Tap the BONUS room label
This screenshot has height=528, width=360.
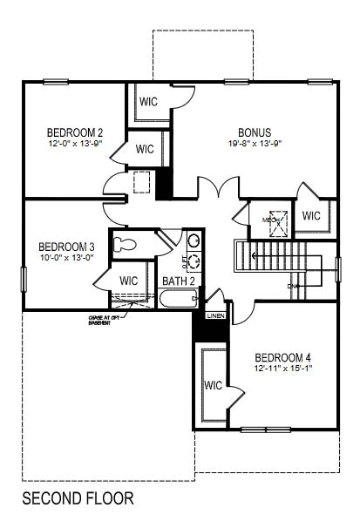pyautogui.click(x=249, y=132)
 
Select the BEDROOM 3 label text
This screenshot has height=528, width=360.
pyautogui.click(x=66, y=247)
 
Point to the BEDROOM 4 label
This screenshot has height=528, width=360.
pyautogui.click(x=282, y=357)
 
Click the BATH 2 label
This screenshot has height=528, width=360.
pyautogui.click(x=179, y=281)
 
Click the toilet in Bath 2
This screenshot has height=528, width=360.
pyautogui.click(x=126, y=244)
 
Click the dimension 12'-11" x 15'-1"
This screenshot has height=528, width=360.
pyautogui.click(x=282, y=369)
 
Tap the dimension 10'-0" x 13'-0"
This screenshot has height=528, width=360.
pyautogui.click(x=66, y=258)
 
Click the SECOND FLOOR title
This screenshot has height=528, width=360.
pyautogui.click(x=78, y=498)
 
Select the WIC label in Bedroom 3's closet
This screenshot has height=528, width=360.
pyautogui.click(x=128, y=281)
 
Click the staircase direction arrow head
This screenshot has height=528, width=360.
pyautogui.click(x=254, y=255)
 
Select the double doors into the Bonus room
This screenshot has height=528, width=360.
pyautogui.click(x=217, y=187)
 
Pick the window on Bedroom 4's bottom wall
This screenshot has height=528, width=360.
pyautogui.click(x=265, y=429)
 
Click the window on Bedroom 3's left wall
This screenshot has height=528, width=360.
pyautogui.click(x=23, y=279)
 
